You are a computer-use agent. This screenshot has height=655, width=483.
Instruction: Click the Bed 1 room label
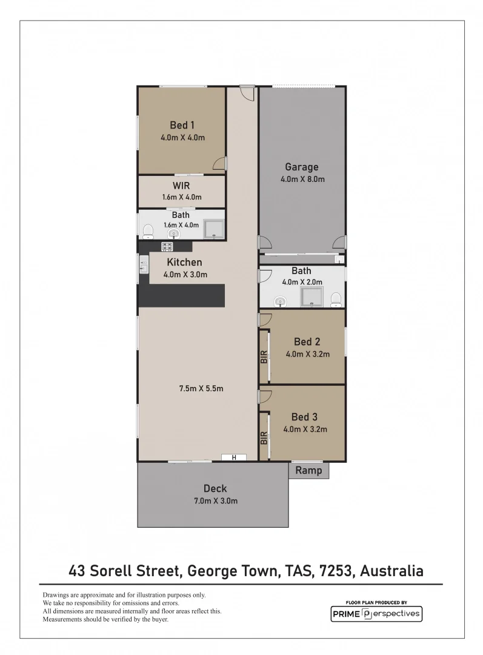click(182, 125)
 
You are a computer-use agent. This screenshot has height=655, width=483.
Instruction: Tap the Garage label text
click(302, 167)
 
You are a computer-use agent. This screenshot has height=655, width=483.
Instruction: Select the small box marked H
click(233, 457)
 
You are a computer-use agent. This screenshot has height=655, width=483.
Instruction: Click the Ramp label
click(308, 471)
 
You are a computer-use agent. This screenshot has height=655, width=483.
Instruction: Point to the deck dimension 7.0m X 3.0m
click(215, 501)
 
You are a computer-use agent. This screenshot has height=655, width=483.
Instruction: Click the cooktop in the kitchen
click(167, 246)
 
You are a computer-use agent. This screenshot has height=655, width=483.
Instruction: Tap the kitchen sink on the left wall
click(144, 264)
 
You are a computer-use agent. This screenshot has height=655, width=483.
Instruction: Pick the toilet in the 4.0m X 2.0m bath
click(336, 298)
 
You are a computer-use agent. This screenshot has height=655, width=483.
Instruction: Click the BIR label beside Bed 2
click(264, 356)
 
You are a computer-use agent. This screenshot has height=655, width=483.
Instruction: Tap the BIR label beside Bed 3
click(264, 438)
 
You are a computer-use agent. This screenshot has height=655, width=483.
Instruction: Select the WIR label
click(181, 186)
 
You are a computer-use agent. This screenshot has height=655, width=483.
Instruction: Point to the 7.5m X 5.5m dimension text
click(201, 388)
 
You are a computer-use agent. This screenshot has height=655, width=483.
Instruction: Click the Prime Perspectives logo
click(376, 614)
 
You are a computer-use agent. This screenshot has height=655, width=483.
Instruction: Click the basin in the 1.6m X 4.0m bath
click(174, 233)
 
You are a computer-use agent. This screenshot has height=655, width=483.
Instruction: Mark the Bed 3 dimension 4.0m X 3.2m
click(305, 429)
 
